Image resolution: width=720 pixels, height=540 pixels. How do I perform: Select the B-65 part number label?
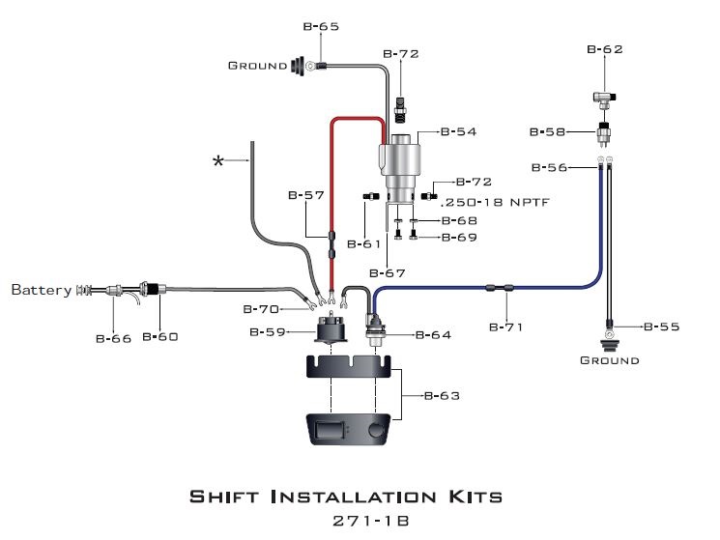(321, 27)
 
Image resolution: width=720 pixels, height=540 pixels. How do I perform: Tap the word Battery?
(41, 289)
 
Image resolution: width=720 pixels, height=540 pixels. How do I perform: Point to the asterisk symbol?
(218, 160)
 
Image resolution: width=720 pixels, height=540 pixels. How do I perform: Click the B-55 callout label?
(661, 327)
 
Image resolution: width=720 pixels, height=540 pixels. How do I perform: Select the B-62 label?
(605, 48)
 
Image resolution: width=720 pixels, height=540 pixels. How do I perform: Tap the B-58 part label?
(548, 131)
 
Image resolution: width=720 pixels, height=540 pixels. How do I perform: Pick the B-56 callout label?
(549, 167)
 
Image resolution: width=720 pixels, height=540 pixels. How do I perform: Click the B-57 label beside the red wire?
(305, 195)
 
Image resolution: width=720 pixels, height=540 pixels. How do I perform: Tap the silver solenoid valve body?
(399, 159)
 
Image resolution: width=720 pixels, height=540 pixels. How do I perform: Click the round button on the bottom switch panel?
(377, 428)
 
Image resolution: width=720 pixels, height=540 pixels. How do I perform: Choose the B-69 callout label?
(459, 237)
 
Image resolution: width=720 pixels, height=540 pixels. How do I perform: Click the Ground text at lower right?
(609, 360)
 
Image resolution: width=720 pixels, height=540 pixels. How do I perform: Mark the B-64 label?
(434, 335)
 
